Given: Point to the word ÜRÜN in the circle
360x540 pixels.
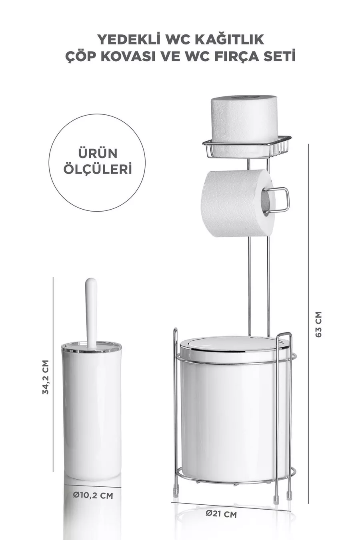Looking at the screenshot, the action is pos(98,153).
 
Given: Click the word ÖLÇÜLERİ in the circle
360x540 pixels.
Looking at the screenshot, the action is pos(98,169).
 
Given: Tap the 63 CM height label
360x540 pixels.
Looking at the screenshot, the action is pos(318,324).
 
